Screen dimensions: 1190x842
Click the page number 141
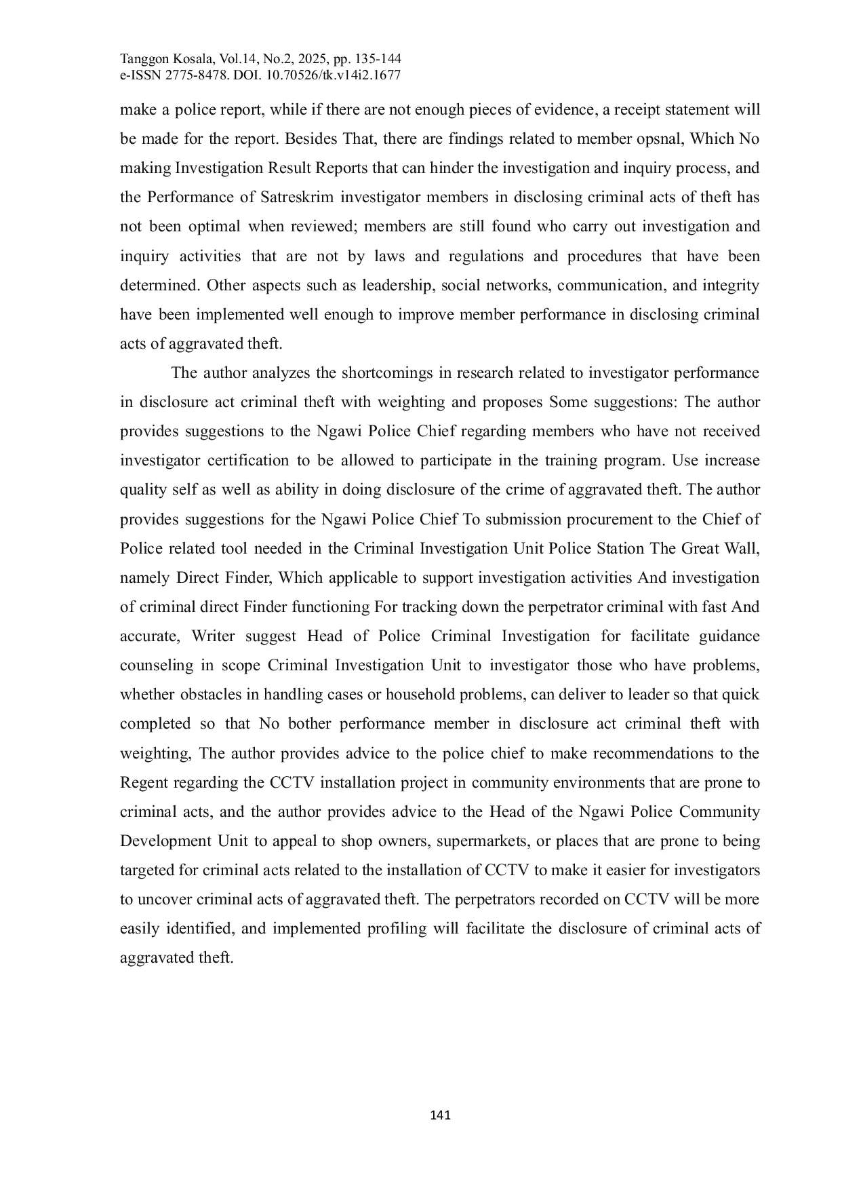441,1115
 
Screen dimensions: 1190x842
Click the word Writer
213,636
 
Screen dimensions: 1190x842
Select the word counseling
157,666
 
